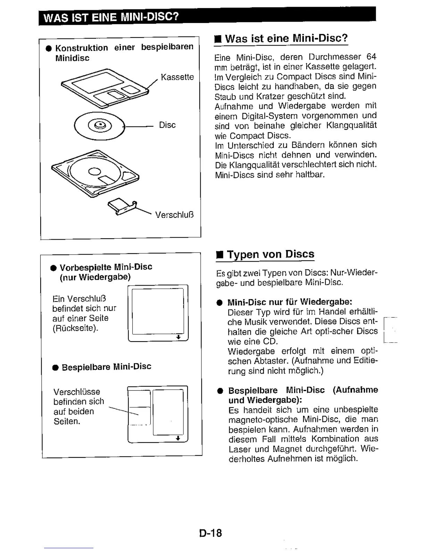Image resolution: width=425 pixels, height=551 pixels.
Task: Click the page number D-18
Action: tap(210, 533)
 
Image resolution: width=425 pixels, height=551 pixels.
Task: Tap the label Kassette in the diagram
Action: tap(177, 77)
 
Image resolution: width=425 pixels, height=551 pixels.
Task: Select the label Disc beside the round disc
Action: tap(167, 125)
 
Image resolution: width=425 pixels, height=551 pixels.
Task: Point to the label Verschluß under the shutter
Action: tap(174, 215)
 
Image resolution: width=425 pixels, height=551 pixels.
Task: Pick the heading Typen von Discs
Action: tap(270, 254)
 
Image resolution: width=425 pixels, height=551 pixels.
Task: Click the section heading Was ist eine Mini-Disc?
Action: tap(286, 38)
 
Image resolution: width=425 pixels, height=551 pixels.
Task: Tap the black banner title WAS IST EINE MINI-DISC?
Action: tap(111, 17)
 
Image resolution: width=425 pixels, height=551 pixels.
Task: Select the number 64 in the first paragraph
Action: tap(371, 57)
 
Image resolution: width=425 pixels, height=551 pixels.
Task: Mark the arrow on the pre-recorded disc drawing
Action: tap(178, 337)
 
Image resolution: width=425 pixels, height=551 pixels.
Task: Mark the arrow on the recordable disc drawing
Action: tap(178, 438)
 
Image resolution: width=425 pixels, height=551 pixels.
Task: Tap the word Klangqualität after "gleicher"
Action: tap(351, 126)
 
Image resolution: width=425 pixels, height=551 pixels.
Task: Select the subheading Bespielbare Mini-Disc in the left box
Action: tap(106, 367)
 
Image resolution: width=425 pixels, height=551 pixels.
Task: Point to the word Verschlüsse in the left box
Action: tap(77, 392)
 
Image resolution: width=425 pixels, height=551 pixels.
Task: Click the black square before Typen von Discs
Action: tap(219, 255)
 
